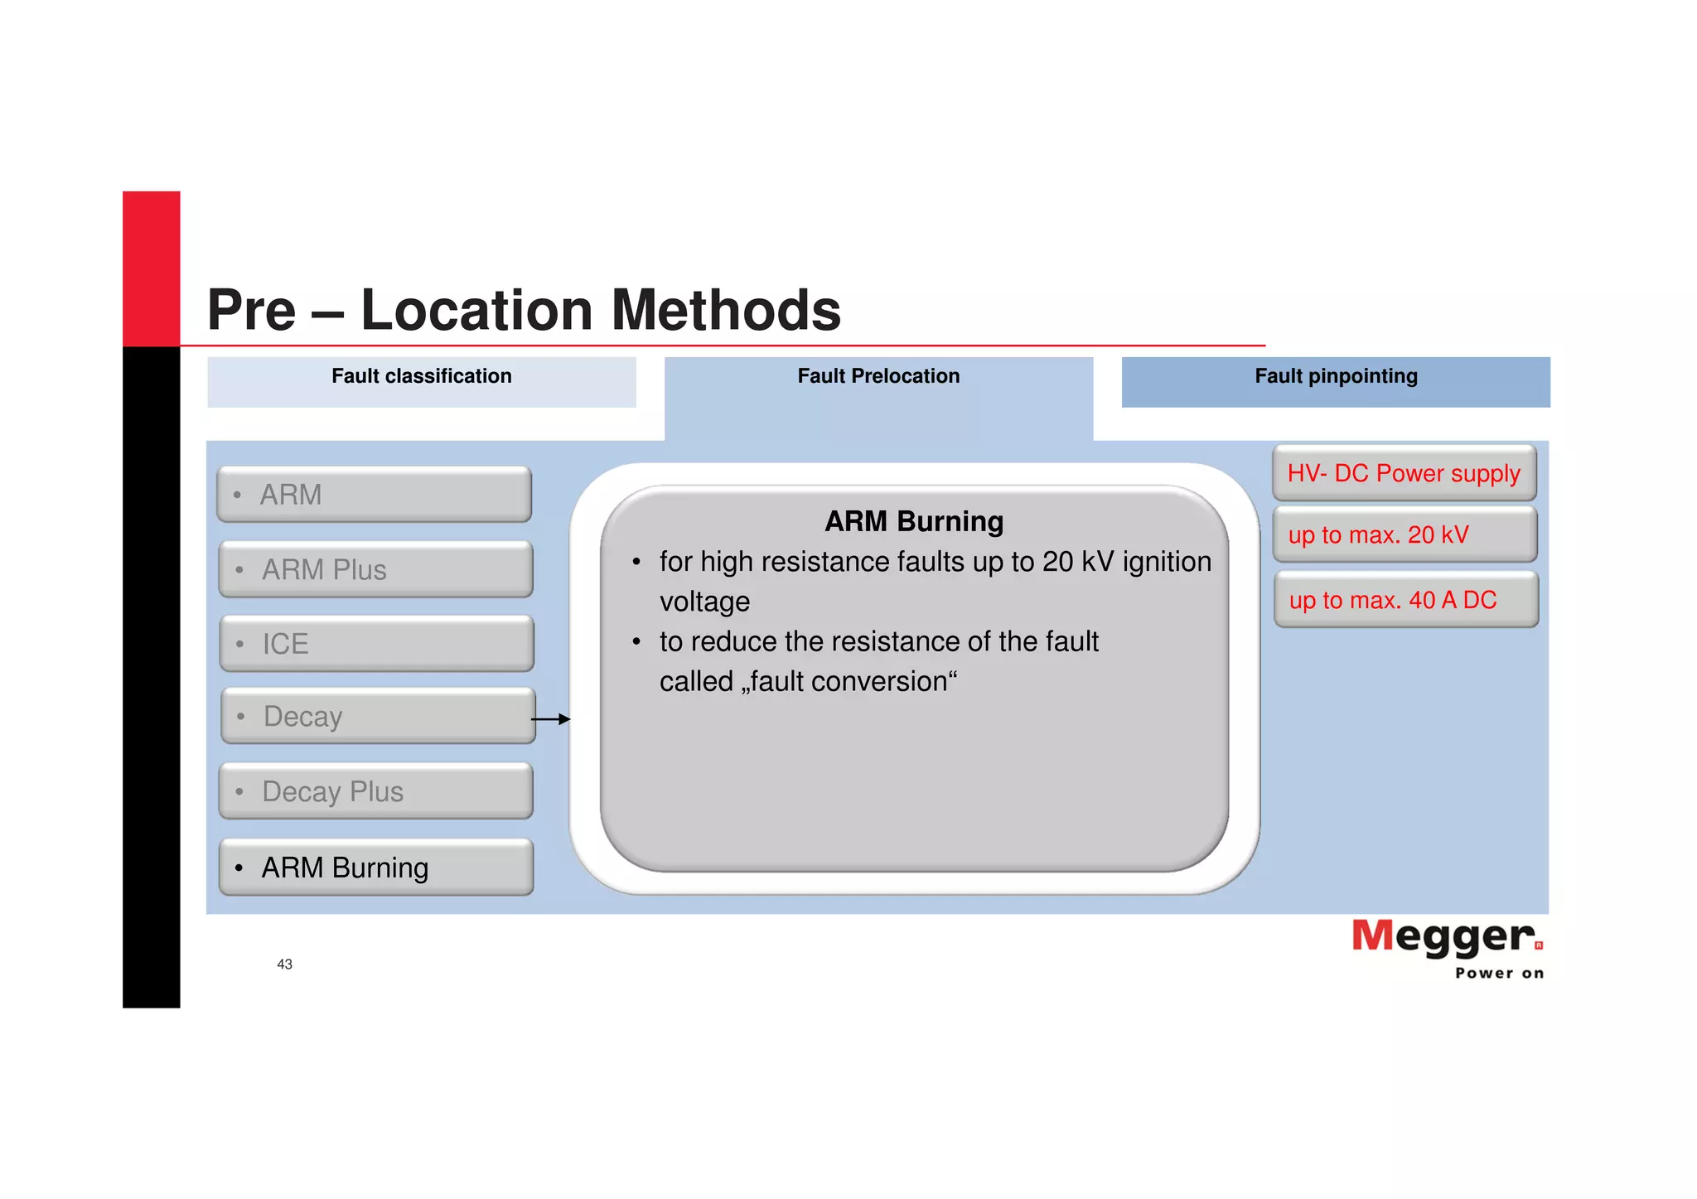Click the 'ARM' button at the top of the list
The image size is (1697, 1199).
[374, 495]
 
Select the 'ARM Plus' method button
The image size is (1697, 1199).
[375, 570]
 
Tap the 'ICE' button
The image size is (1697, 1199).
[376, 644]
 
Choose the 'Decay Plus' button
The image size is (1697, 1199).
[375, 791]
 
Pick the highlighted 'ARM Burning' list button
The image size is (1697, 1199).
[375, 868]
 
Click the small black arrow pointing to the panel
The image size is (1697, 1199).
[551, 719]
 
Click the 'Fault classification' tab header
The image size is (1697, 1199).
[422, 377]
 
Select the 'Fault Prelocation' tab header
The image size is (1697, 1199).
[878, 377]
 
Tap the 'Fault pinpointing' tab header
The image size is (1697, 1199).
[1336, 377]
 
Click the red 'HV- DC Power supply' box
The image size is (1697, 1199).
[1404, 473]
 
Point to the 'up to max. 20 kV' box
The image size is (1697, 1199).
[1404, 534]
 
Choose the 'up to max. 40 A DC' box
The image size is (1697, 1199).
[1405, 600]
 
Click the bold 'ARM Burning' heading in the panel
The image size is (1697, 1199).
[914, 521]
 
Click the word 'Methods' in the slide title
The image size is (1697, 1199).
[726, 310]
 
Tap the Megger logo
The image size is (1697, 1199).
[1446, 936]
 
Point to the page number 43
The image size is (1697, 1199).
[284, 965]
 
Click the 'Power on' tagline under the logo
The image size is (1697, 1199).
[1499, 974]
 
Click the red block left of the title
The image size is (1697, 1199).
[152, 268]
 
